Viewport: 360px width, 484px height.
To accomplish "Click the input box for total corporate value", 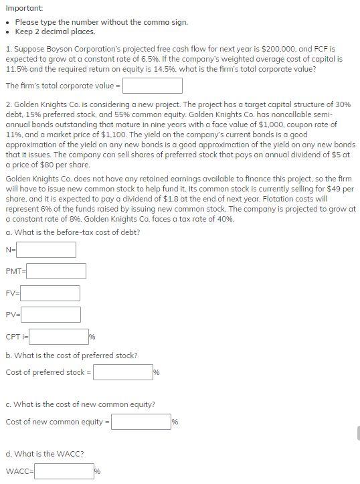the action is (152, 86).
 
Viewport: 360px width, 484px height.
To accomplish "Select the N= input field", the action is (46, 250).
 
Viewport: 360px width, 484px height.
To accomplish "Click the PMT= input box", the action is (56, 271).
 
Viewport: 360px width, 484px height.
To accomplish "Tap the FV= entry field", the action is (51, 293).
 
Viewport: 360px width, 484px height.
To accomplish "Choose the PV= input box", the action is (52, 315).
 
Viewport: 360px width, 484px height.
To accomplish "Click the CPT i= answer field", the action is (59, 336).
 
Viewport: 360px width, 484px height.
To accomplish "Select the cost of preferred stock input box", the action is (123, 372).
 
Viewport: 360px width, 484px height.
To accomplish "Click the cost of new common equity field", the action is (141, 422).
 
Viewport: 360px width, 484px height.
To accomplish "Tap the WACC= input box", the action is (64, 471).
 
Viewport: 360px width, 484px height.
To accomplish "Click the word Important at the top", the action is (23, 7).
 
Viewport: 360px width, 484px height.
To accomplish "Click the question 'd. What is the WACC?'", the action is (44, 454).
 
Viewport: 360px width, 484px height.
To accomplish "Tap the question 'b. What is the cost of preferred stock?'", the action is (72, 355).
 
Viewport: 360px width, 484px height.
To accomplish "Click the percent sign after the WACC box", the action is (98, 472).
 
